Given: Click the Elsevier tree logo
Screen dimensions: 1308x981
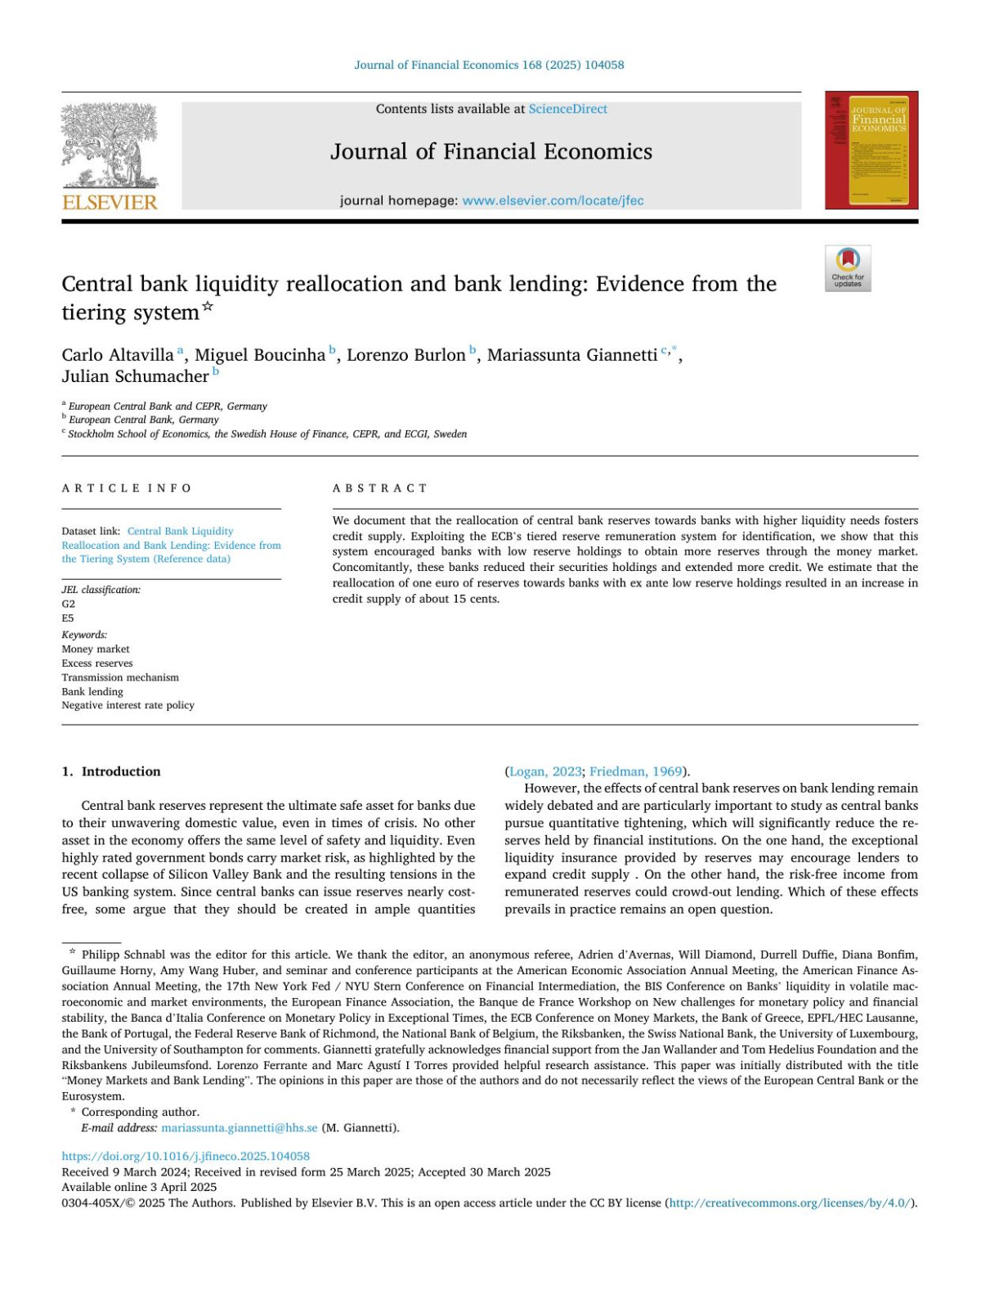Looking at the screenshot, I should coord(110,145).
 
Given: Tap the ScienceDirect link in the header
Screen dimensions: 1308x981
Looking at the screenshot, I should coord(567,109).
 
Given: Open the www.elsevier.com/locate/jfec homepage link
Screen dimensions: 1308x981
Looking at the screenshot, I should coord(553,200).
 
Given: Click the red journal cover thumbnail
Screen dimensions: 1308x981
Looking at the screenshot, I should coord(871,151).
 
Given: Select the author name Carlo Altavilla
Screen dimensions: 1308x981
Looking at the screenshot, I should coord(118,355).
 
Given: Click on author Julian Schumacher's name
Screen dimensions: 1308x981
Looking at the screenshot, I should coord(135,376).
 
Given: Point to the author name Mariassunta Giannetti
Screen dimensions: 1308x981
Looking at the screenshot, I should coord(572,355).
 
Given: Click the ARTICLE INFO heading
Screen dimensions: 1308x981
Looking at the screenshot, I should coord(127,488).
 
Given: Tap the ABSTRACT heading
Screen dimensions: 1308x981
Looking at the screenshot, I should coord(379,488).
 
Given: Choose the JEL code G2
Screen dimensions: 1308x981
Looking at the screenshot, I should coord(69,604).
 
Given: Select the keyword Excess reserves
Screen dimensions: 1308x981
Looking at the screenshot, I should coord(97,663).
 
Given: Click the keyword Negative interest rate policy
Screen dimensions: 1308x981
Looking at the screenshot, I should coord(128,705).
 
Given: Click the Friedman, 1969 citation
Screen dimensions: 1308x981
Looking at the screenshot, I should coord(635,771).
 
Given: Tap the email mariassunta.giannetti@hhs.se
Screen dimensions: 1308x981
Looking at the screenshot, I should coord(240,1127).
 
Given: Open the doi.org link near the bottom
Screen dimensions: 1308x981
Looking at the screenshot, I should coord(186,1156).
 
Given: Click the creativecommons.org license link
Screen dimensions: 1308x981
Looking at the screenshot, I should coord(789,1202).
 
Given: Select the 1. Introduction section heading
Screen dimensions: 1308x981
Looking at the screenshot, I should coord(111,771).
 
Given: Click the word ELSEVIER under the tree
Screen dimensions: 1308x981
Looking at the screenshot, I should coord(110,202).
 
